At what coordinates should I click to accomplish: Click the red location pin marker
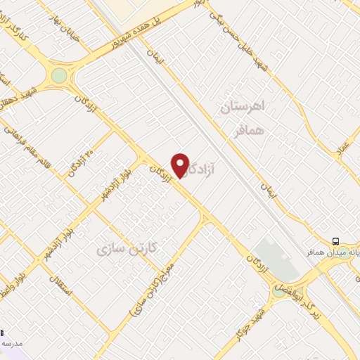(x=181, y=165)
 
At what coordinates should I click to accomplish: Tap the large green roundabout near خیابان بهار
(x=59, y=75)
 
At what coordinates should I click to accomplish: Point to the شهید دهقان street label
(x=25, y=98)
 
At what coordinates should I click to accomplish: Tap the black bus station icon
(x=336, y=239)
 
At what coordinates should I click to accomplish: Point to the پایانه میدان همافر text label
(x=330, y=250)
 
